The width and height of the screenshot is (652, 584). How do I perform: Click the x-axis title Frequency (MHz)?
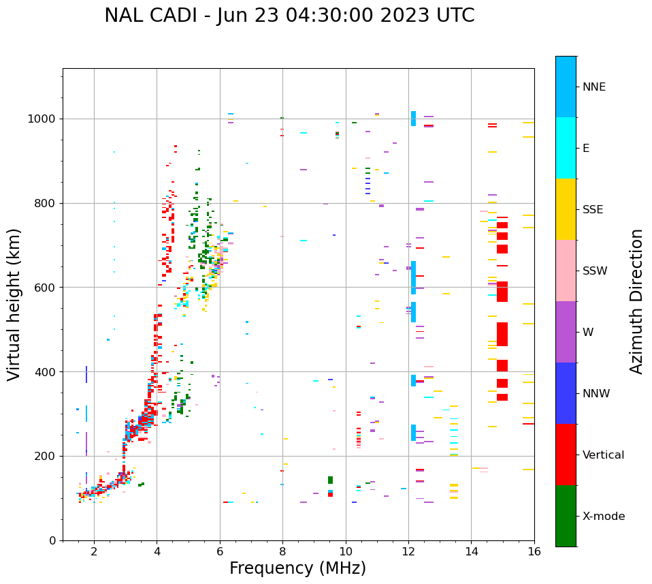click(297, 568)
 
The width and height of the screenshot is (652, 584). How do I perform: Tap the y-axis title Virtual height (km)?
click(14, 304)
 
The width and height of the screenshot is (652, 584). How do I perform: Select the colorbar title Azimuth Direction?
click(636, 301)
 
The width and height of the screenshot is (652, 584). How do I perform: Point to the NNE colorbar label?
click(593, 87)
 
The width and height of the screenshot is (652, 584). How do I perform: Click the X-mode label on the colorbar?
click(603, 517)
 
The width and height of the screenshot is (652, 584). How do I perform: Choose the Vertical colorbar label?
click(603, 455)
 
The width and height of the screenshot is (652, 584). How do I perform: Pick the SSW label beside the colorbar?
click(595, 271)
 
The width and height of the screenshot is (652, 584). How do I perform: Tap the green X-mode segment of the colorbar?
click(566, 516)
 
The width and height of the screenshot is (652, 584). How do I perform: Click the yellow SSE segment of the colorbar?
click(566, 209)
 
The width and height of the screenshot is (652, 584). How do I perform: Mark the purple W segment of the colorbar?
click(566, 332)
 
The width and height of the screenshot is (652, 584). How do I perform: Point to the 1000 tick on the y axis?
click(43, 119)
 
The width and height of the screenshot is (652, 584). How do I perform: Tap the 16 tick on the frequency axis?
click(534, 551)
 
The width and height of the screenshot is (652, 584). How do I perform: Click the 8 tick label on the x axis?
click(282, 551)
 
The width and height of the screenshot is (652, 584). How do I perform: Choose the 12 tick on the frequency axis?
click(408, 551)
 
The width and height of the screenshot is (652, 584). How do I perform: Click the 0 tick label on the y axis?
click(53, 540)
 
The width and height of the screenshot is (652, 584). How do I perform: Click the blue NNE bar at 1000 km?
click(413, 119)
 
